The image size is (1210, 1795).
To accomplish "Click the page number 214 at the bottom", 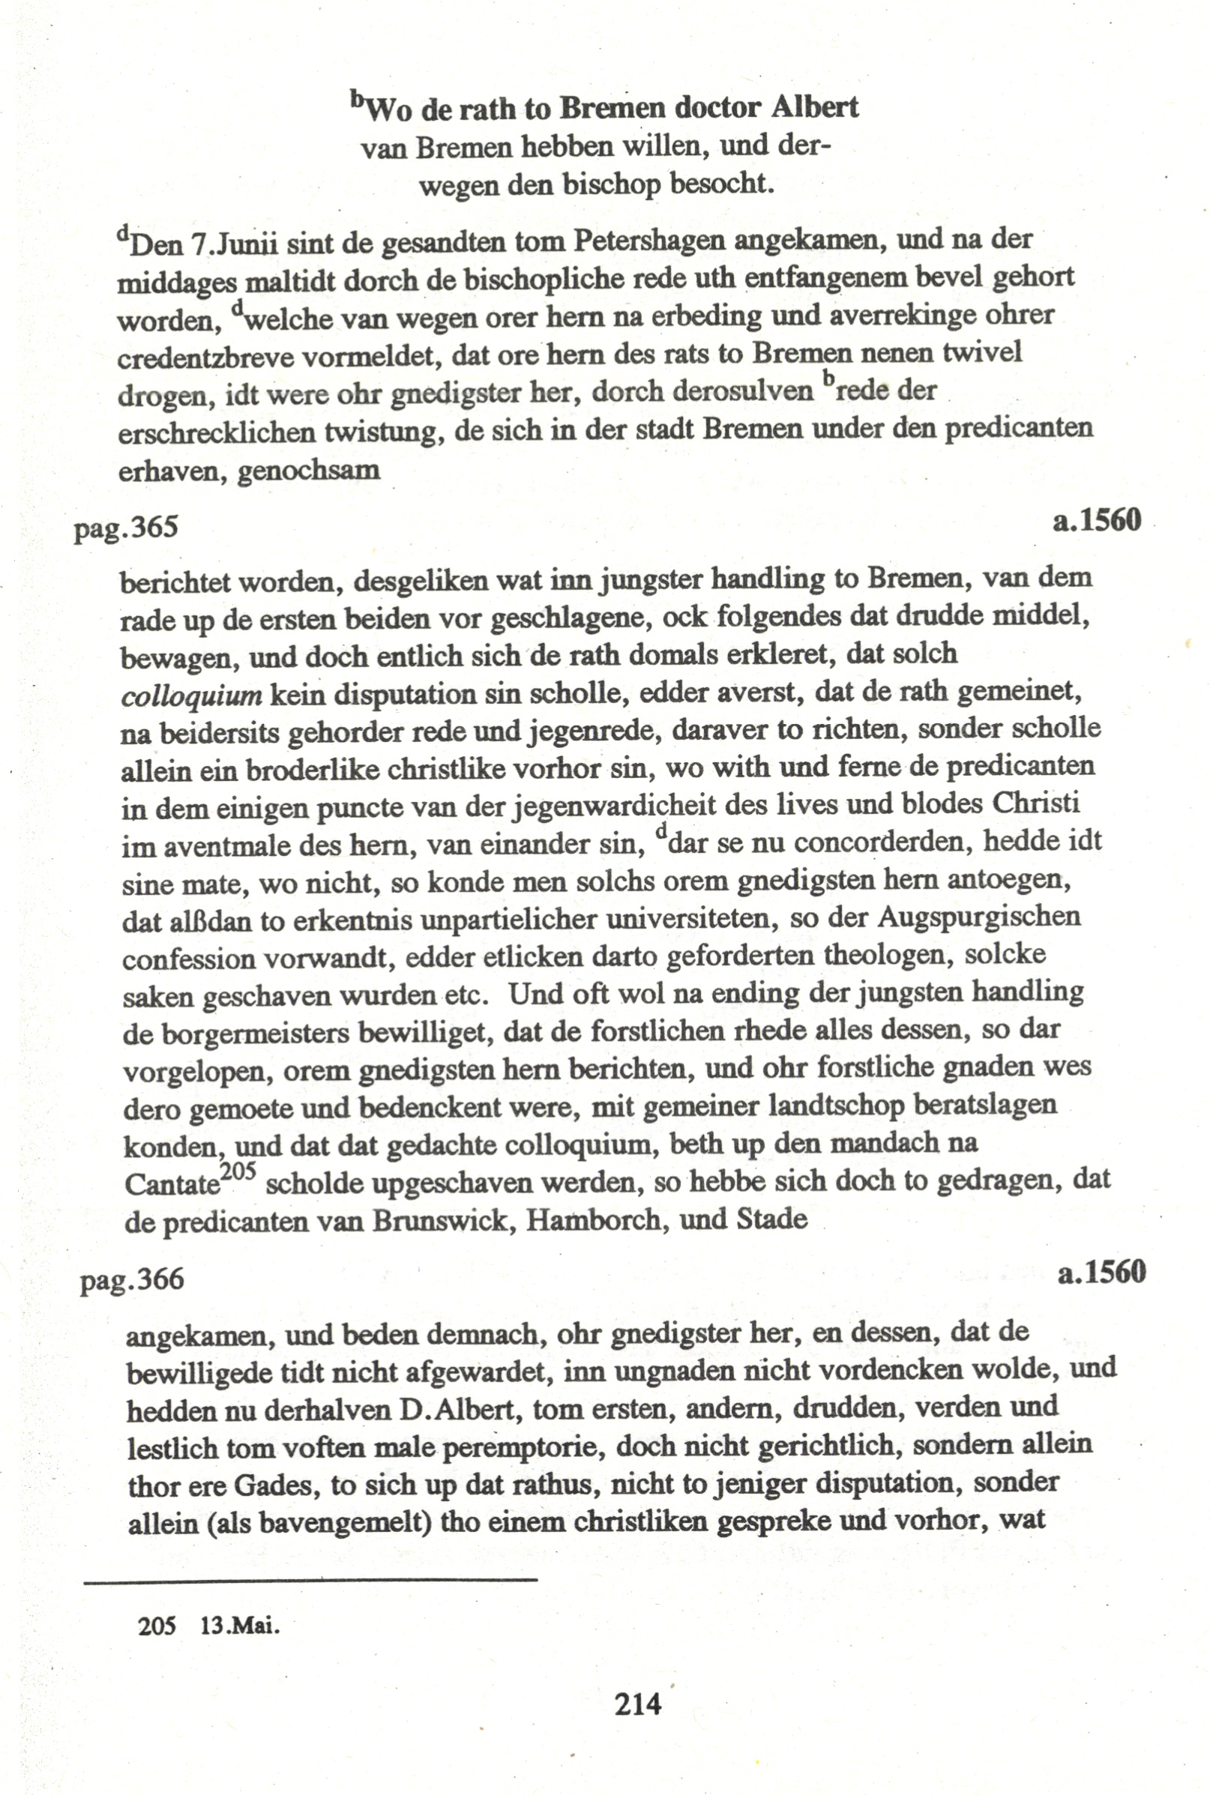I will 637,1701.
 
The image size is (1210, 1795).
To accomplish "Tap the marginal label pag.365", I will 127,528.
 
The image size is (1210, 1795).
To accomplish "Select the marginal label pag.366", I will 132,1279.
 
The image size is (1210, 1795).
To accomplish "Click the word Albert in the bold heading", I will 814,107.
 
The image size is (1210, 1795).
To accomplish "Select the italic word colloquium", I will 192,695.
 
